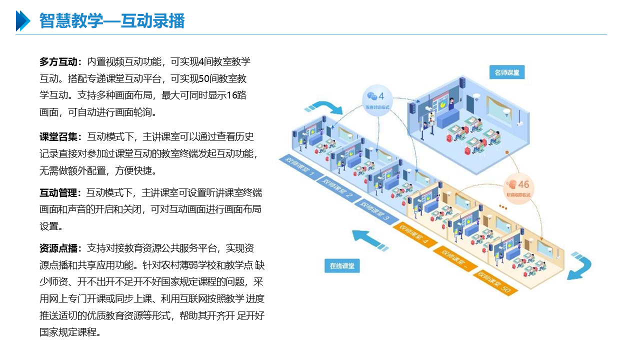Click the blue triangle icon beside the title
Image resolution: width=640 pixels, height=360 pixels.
(x=23, y=21)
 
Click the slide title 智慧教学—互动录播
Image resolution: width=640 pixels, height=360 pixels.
(x=112, y=21)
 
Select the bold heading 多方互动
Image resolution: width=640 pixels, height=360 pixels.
(x=59, y=62)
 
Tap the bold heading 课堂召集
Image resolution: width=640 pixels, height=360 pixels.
(x=59, y=137)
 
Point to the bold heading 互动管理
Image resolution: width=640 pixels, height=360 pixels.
(x=59, y=193)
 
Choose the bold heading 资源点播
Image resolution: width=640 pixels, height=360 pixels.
(x=59, y=248)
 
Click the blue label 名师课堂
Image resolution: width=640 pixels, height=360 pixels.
(x=506, y=73)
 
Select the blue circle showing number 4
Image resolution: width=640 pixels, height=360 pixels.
(x=377, y=99)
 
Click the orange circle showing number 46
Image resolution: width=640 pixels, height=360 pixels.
(x=518, y=187)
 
